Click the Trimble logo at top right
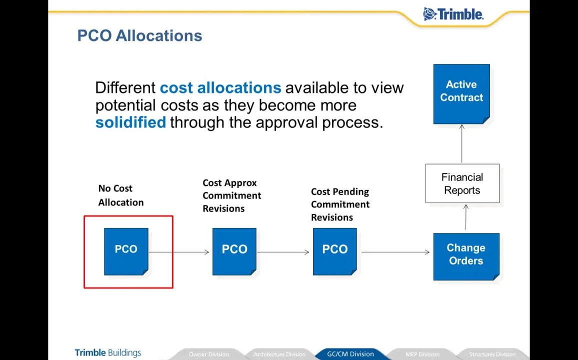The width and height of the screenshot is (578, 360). point(453,14)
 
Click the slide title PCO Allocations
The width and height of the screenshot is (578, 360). point(139,35)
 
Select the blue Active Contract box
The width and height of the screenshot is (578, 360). point(461,93)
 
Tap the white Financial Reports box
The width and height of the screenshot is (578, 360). point(462,183)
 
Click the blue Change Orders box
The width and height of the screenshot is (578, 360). point(465,255)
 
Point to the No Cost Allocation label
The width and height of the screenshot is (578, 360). point(120,195)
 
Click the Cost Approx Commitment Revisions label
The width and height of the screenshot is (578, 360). point(231,195)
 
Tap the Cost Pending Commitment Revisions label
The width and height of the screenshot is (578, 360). point(340,204)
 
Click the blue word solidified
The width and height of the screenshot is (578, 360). point(130,122)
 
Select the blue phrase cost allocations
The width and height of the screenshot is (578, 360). point(220,88)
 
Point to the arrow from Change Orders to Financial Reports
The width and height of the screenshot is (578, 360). point(465,217)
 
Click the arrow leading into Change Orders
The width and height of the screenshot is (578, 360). point(395,252)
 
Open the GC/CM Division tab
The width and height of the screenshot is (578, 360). point(350,354)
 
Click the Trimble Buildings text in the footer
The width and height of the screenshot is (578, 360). point(108,352)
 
